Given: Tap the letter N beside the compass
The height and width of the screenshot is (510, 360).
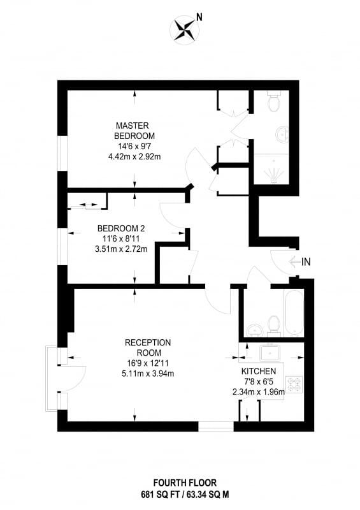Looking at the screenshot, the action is click(199, 17).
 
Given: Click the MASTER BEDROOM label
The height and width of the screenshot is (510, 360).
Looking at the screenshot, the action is click(134, 131).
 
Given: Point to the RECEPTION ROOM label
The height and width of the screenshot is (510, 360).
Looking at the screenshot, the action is click(148, 347).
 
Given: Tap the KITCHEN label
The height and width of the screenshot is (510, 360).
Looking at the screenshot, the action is click(259, 371).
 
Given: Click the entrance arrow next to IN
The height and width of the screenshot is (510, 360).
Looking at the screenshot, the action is click(294, 261).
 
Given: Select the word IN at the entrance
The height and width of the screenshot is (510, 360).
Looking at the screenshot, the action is click(306, 261).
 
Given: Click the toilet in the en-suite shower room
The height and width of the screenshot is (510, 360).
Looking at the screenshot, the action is click(273, 101).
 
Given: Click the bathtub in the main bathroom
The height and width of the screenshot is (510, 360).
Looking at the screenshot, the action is click(293, 312).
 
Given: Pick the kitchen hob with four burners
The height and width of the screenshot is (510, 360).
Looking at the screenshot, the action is click(294, 384).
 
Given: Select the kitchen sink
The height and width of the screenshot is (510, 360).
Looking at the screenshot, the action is click(270, 354).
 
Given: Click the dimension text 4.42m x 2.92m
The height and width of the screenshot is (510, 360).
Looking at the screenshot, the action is click(134, 156).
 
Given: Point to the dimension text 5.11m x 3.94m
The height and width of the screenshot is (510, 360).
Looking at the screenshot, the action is click(148, 374).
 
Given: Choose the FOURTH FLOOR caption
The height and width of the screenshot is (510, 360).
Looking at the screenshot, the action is click(185, 483).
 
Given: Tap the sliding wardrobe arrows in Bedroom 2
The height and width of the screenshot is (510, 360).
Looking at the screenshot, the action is click(85, 205).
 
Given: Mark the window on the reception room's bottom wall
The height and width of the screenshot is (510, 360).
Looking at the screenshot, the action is click(216, 426).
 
